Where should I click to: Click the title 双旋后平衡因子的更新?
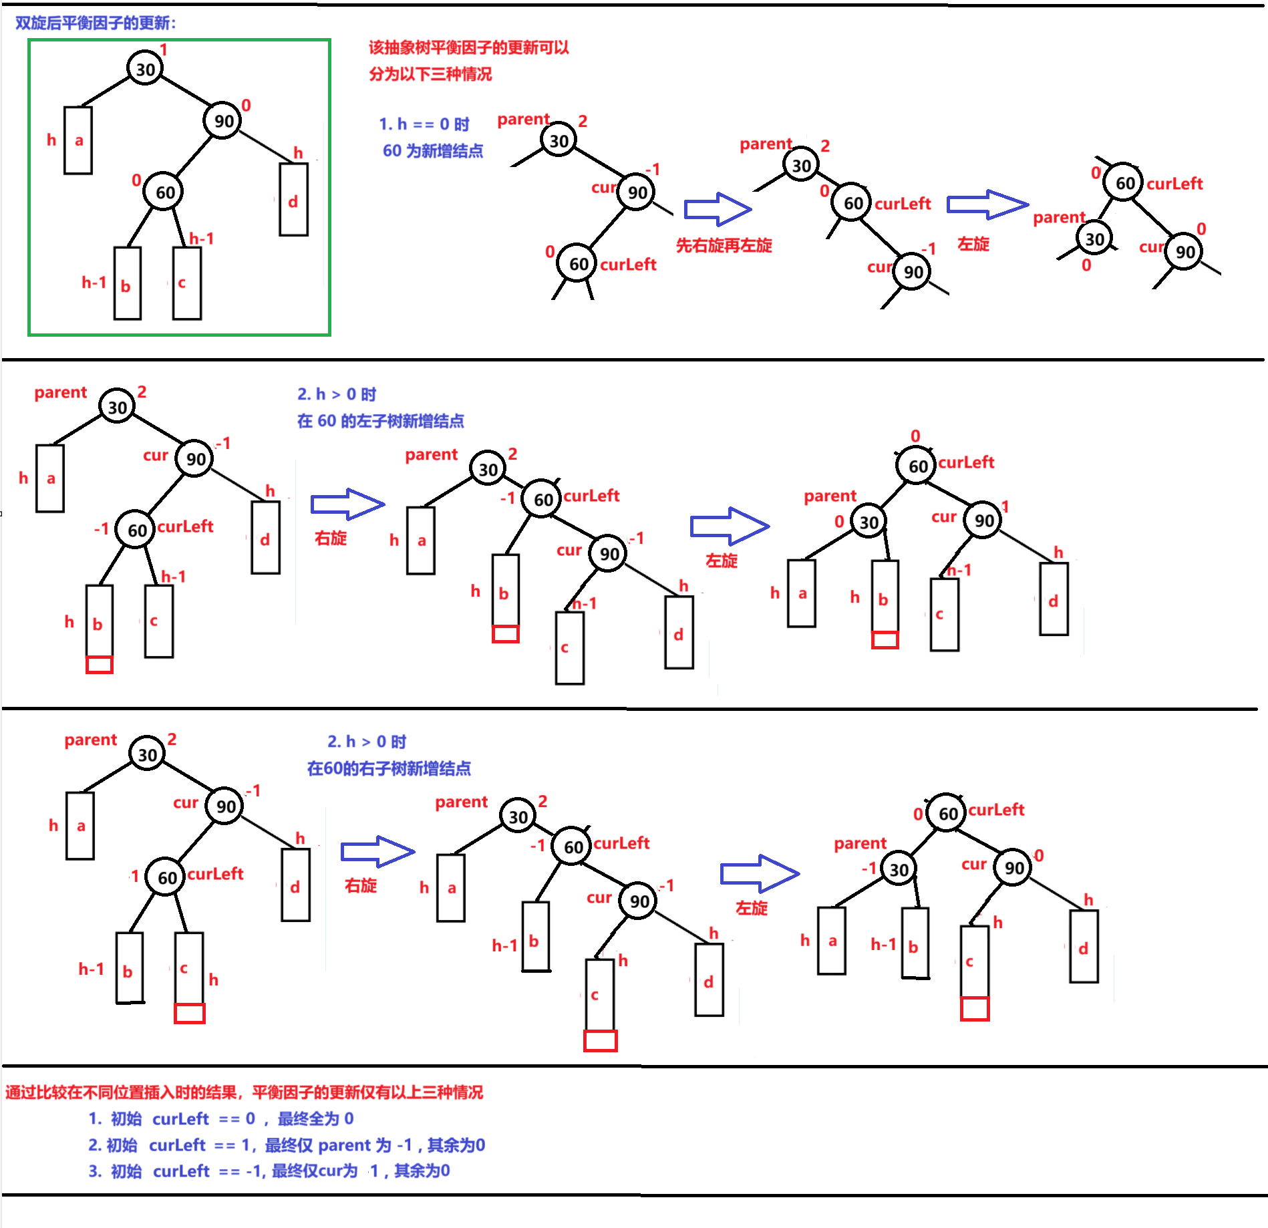coord(96,23)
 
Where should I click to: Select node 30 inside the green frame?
coord(145,68)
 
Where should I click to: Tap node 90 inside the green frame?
coord(223,120)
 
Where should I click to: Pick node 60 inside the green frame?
coord(164,192)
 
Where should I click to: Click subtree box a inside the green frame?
coord(78,140)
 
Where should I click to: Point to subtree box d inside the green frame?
coord(293,200)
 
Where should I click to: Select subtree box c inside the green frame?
coord(187,283)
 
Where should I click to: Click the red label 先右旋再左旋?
coord(724,245)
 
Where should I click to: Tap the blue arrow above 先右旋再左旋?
coord(718,209)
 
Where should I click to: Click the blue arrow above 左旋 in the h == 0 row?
coord(987,204)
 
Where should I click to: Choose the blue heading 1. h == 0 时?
coord(424,124)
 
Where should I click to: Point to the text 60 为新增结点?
coord(432,151)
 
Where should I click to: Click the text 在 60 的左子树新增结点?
coord(380,421)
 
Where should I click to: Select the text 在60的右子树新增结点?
coord(389,768)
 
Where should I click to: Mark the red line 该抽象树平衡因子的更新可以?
coord(468,47)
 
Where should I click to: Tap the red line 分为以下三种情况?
coord(430,74)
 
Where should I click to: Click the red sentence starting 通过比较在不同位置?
coord(244,1092)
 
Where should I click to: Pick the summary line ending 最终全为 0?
coord(221,1119)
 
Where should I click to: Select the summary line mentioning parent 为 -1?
coord(287,1145)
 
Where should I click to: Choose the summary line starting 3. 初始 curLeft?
coord(269,1171)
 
